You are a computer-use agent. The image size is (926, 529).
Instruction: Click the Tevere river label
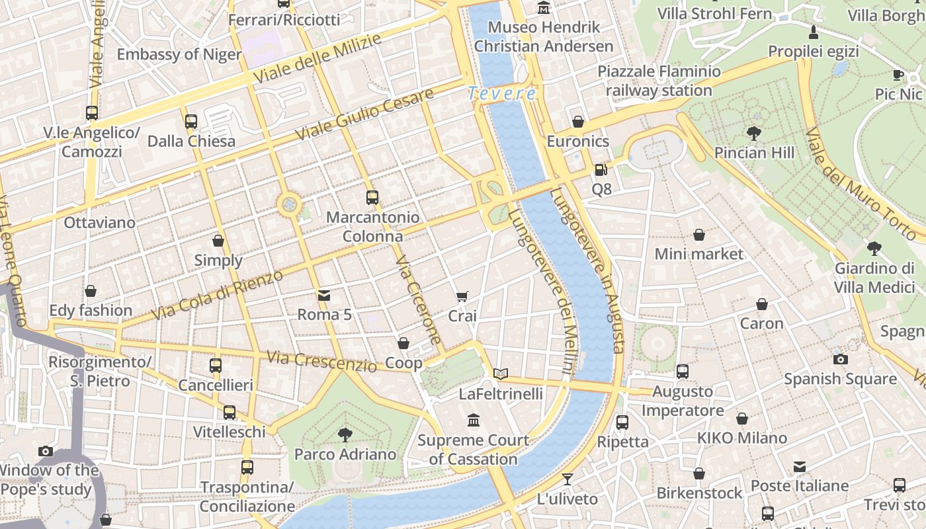pos(502,94)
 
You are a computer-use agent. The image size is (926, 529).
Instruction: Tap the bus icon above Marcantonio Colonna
pos(372,197)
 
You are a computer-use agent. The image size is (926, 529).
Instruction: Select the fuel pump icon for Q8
pos(601,169)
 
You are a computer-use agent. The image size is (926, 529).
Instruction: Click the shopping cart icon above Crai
pos(462,297)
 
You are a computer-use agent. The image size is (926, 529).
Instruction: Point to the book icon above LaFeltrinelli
pos(501,374)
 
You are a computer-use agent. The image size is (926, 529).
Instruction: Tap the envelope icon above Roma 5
pos(324,295)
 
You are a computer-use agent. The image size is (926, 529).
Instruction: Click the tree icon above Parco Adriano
pos(345,434)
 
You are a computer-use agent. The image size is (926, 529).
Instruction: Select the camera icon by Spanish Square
pos(840,359)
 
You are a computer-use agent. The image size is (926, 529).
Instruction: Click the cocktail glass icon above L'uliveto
pos(568,479)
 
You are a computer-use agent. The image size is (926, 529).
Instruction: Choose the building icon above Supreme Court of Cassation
pos(474,420)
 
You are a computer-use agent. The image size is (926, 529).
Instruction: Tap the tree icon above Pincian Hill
pos(753,134)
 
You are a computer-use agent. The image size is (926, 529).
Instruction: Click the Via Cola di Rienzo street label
pos(217,295)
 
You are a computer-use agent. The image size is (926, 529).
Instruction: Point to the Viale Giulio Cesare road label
pos(364,114)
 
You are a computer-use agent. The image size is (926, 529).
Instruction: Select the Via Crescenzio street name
pos(321,361)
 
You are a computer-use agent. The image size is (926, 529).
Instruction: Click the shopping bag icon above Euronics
pos(578,122)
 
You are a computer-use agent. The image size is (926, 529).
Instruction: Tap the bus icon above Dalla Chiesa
pos(191,121)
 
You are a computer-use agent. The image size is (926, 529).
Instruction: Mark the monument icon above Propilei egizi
pos(814,32)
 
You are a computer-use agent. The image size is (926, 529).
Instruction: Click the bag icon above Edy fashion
pos(91,291)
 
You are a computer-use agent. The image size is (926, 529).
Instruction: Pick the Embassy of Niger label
pos(179,54)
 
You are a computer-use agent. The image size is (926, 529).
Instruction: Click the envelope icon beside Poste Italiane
pos(800,467)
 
